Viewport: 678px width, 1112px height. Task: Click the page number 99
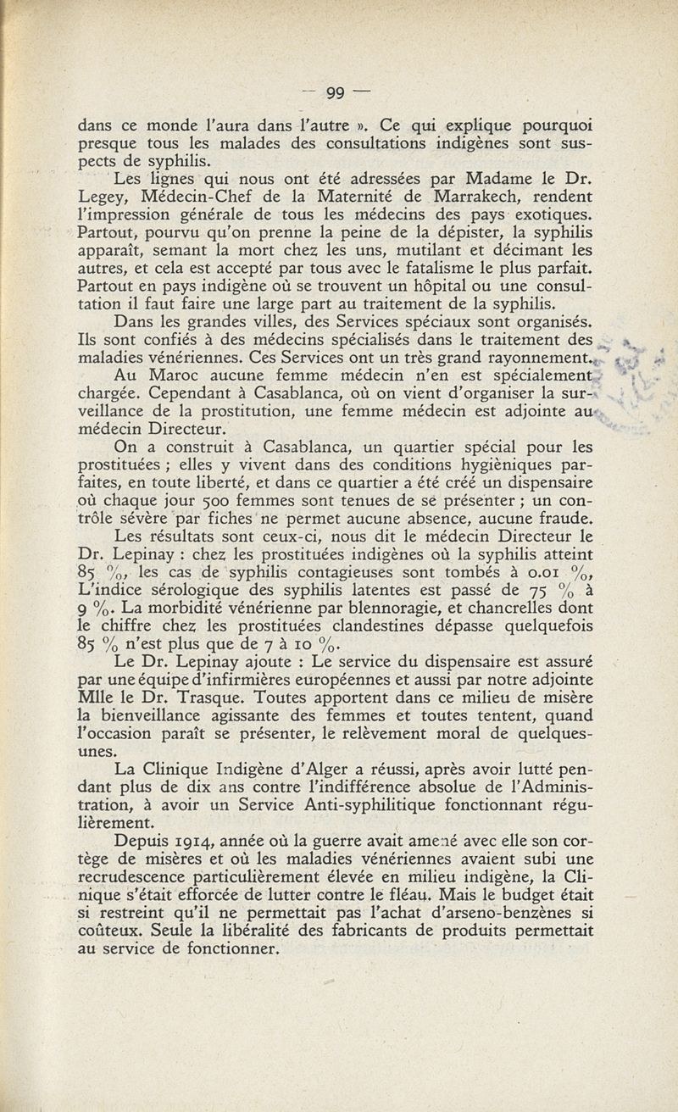click(338, 93)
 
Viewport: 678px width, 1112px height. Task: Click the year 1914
click(197, 841)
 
